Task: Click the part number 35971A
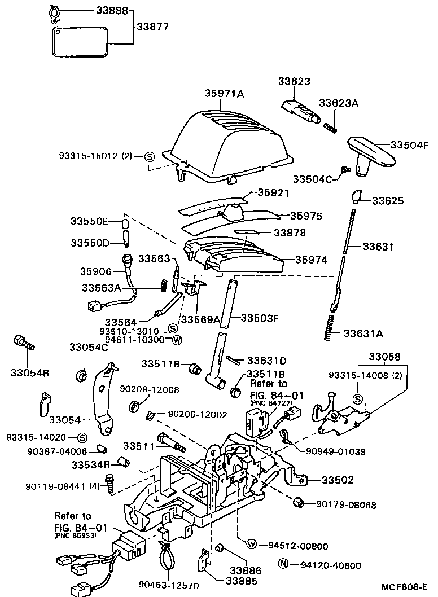click(224, 94)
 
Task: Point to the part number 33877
click(155, 26)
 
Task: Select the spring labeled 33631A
click(331, 327)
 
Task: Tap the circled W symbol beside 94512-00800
click(252, 545)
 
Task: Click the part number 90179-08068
click(345, 504)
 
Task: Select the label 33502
click(338, 480)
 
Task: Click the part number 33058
click(385, 357)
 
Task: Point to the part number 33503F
click(260, 318)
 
